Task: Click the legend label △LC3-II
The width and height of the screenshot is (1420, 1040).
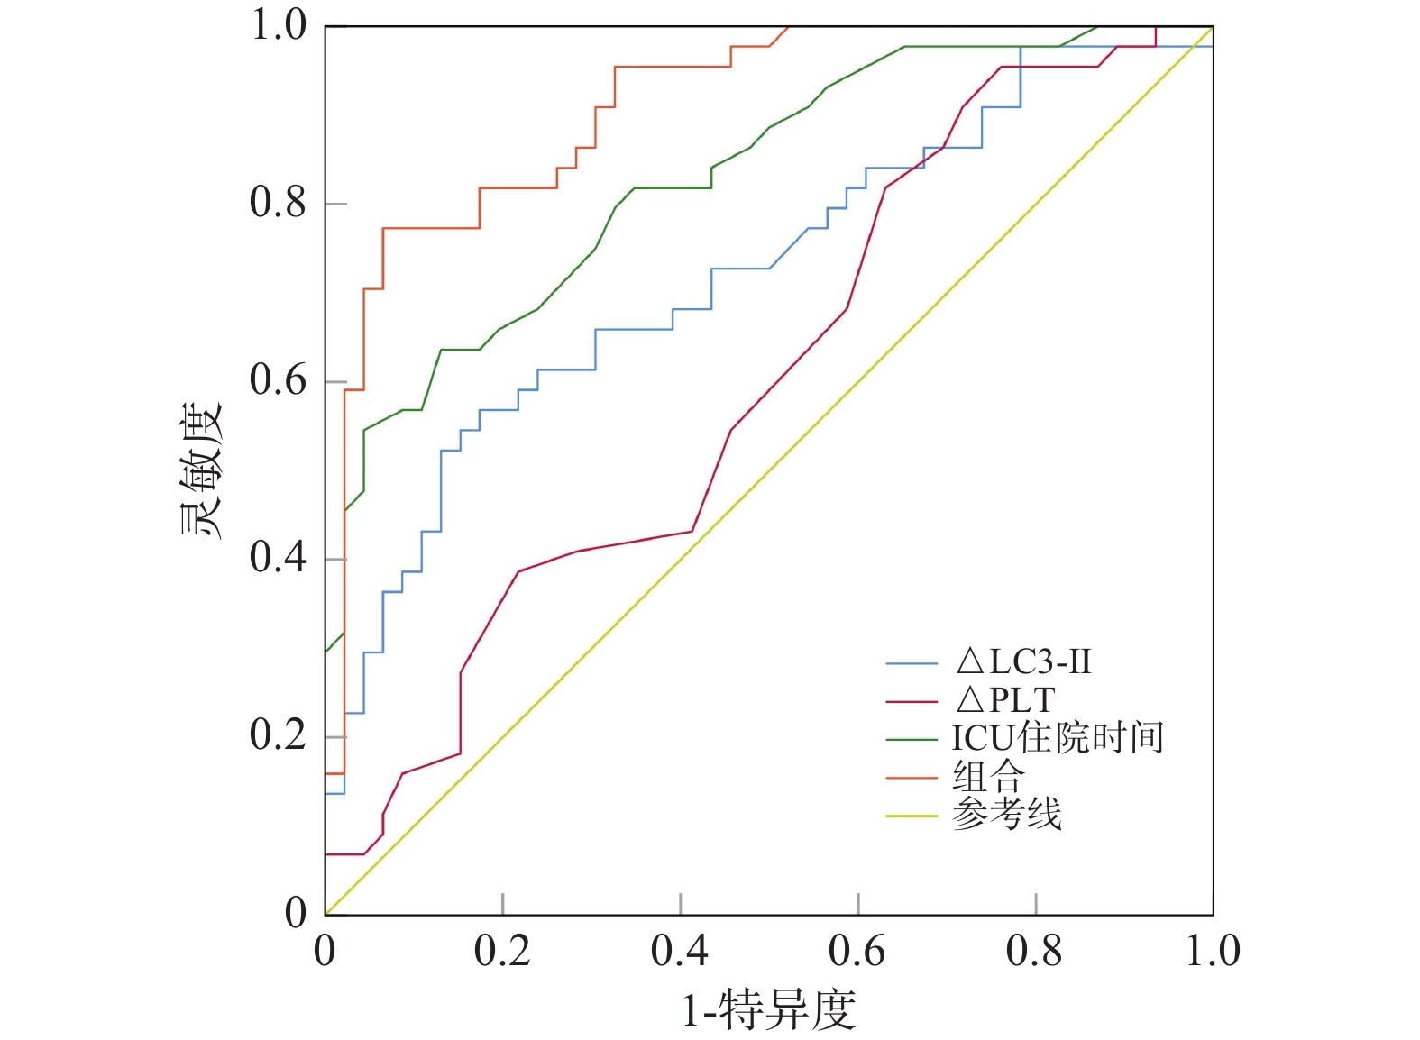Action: [x=1023, y=662]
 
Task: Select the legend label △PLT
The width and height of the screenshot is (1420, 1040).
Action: [x=1005, y=700]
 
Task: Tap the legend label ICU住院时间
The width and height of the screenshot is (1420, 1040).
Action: [x=1058, y=738]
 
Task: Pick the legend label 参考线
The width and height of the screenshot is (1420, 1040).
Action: [x=1006, y=815]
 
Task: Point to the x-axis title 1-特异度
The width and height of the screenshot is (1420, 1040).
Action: [x=768, y=1009]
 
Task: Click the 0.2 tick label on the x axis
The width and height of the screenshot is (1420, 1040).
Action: [x=502, y=952]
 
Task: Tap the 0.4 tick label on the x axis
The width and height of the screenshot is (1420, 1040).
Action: [x=680, y=952]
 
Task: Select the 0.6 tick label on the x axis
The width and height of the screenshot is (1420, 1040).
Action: [x=857, y=952]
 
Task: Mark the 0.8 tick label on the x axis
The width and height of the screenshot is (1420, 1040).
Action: [x=1035, y=952]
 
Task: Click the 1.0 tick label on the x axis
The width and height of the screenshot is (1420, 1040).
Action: [x=1213, y=952]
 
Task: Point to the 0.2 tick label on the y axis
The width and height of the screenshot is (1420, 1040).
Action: [x=279, y=736]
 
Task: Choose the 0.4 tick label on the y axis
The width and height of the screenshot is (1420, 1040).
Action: [x=279, y=559]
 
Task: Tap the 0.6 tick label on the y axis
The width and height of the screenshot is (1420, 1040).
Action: [x=279, y=381]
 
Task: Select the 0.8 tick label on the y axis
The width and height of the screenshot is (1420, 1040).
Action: [x=279, y=204]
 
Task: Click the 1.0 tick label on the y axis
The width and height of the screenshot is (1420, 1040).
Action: [x=279, y=26]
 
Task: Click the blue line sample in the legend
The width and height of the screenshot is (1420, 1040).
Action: [x=912, y=664]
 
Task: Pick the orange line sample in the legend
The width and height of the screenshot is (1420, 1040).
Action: [x=912, y=778]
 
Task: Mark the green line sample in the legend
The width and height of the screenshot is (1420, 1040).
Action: [x=912, y=740]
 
